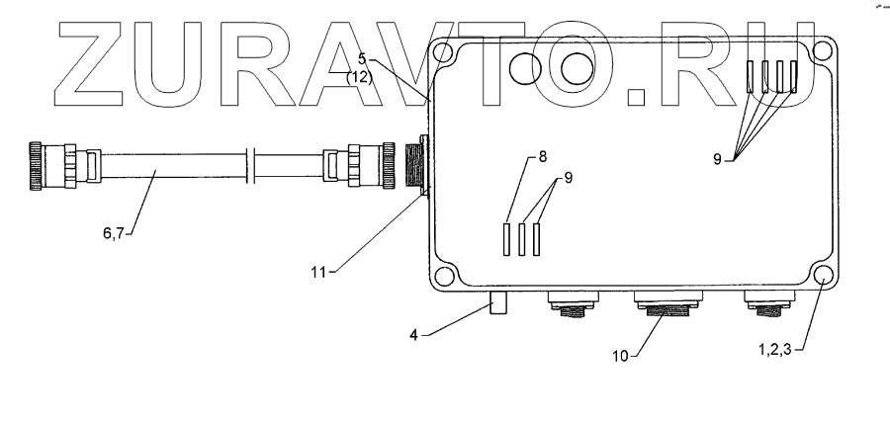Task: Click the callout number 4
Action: point(420,334)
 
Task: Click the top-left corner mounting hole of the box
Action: point(444,50)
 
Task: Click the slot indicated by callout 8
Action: point(507,239)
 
